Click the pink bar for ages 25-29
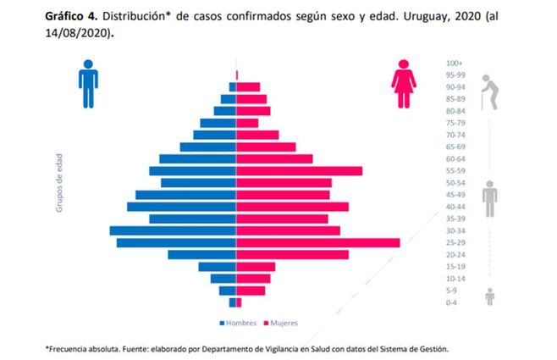(x=317, y=243)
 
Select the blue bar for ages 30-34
(x=173, y=231)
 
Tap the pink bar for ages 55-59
(x=299, y=171)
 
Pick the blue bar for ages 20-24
(x=201, y=255)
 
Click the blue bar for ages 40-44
(x=181, y=207)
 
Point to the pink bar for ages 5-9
(x=251, y=291)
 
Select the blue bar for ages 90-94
(x=232, y=86)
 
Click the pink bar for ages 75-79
(x=247, y=123)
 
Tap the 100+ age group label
(x=454, y=63)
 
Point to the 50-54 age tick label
(x=455, y=183)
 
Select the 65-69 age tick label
(x=455, y=147)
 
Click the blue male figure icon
(x=88, y=83)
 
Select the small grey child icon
(x=489, y=296)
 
